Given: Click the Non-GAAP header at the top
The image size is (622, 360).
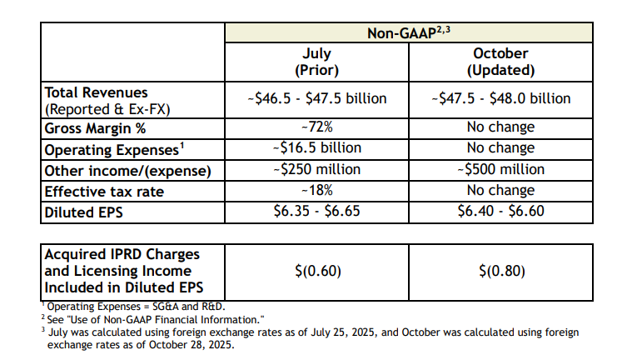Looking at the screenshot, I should (x=408, y=34).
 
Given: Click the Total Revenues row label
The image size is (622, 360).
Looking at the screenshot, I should (x=96, y=92).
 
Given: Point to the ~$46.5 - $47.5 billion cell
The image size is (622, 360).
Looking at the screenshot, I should (x=316, y=98).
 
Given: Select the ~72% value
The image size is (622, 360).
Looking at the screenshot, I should (x=316, y=127).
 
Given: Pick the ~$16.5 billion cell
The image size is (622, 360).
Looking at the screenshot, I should (x=316, y=148).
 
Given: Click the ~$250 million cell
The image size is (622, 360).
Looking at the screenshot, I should (x=316, y=170).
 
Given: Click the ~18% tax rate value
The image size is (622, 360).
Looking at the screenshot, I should (x=316, y=191).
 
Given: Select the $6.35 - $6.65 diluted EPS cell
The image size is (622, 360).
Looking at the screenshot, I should (x=316, y=212).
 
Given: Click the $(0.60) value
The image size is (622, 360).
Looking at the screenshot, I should (x=316, y=271).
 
